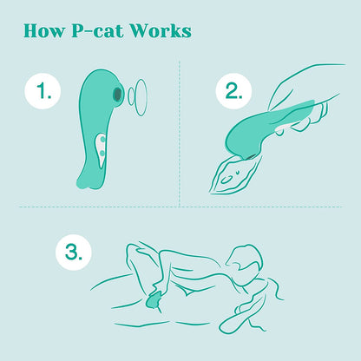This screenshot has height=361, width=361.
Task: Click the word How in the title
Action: [x=43, y=30]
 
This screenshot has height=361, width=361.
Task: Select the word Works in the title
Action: [x=161, y=30]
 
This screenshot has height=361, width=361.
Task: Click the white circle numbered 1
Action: [x=43, y=91]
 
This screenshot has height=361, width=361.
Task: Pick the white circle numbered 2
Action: [x=233, y=91]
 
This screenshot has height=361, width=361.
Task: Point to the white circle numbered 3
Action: [x=74, y=252]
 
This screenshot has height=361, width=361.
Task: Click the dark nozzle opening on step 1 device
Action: [x=117, y=94]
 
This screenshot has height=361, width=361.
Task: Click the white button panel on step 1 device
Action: [x=101, y=148]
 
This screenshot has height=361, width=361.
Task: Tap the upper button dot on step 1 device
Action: [x=102, y=140]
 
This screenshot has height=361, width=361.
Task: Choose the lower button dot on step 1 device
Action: [x=102, y=153]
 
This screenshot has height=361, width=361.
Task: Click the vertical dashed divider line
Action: [x=180, y=134]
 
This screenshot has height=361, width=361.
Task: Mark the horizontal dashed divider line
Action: [x=181, y=207]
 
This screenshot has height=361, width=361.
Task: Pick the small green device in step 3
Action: [x=154, y=301]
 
